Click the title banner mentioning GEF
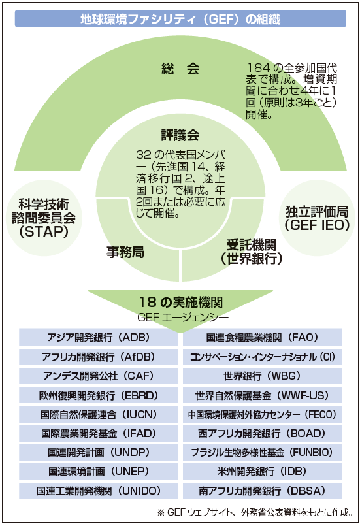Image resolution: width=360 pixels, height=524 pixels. [180, 19]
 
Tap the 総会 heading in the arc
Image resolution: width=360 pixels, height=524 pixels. [180, 69]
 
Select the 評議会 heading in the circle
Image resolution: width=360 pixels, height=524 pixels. [180, 135]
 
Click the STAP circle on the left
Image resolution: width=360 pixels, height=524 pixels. [44, 218]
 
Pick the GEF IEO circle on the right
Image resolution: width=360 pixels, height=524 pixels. [317, 218]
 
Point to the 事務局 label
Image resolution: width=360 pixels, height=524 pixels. [125, 252]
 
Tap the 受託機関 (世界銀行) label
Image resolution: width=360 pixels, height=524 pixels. [252, 252]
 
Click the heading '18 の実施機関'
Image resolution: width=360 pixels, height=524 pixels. [180, 302]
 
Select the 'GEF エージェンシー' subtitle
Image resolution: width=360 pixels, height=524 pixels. [182, 317]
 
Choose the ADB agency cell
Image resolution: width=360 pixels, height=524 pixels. [99, 337]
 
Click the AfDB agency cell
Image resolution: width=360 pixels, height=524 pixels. [99, 357]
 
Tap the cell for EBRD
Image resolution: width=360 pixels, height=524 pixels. [99, 395]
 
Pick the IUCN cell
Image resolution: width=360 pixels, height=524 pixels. [99, 414]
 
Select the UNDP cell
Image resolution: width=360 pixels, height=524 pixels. [99, 453]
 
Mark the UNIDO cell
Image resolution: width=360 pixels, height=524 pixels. [99, 491]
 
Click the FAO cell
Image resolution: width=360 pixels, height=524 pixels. [263, 337]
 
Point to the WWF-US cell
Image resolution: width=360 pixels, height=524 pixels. [263, 395]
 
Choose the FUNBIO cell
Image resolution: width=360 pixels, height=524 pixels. [263, 453]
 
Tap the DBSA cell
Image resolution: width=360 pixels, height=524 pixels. [263, 491]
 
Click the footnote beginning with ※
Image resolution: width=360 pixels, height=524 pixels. [255, 512]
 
